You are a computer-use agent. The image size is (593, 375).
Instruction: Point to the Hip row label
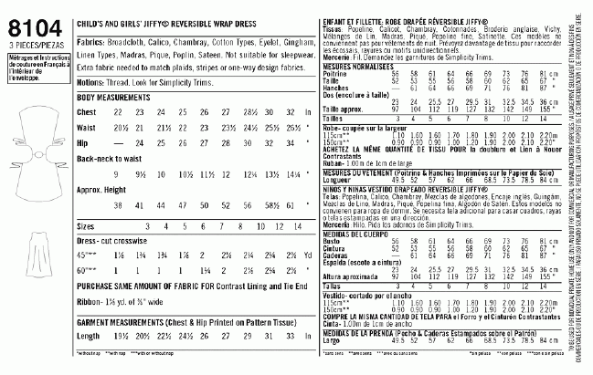pyautogui.click(x=84, y=142)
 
